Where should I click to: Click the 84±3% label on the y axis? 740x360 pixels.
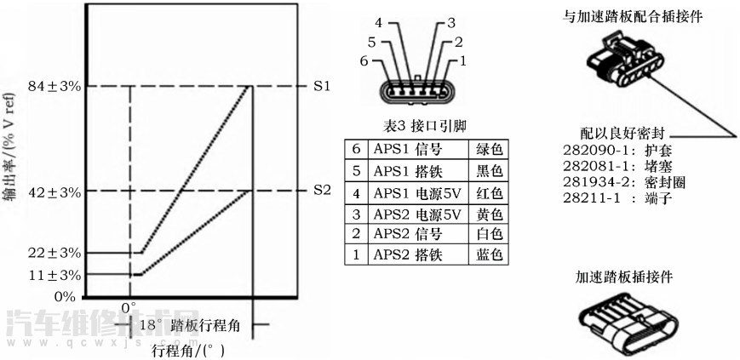pyautogui.click(x=53, y=86)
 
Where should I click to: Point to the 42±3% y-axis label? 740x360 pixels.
pyautogui.click(x=53, y=191)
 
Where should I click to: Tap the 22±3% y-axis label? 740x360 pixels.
pyautogui.click(x=53, y=253)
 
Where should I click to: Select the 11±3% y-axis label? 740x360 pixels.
pyautogui.click(x=53, y=275)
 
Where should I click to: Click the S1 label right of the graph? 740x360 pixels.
pyautogui.click(x=321, y=87)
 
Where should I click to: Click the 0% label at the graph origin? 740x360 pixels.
pyautogui.click(x=66, y=295)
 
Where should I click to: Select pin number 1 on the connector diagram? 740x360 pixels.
pyautogui.click(x=462, y=61)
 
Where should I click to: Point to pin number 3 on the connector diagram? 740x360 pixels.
pyautogui.click(x=451, y=23)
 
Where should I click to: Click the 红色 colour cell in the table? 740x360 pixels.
pyautogui.click(x=489, y=191)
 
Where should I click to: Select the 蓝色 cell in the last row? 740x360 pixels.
pyautogui.click(x=489, y=254)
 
